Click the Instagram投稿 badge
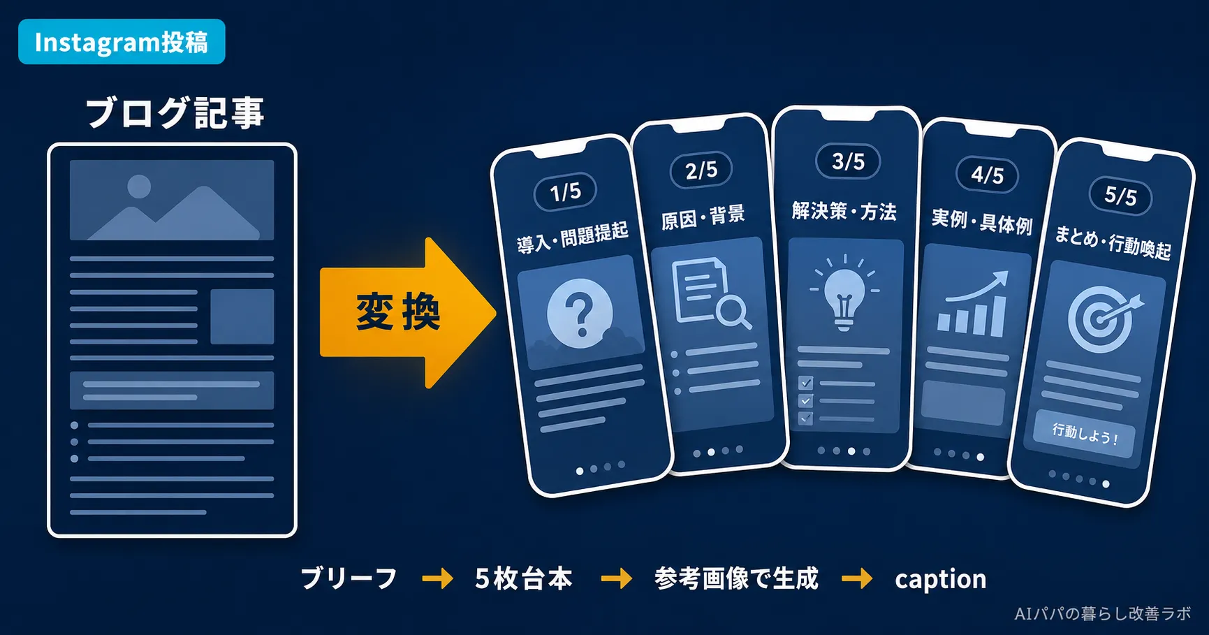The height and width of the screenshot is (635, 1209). (122, 42)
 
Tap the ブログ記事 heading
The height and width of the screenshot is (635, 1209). (175, 112)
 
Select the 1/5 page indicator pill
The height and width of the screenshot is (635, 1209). (565, 191)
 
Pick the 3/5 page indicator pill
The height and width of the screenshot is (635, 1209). (848, 161)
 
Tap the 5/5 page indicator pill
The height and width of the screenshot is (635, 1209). (1120, 196)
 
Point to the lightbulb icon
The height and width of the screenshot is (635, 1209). (844, 293)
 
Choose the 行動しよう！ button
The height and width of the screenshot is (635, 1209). (1085, 435)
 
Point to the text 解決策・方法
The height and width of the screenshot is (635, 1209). (844, 210)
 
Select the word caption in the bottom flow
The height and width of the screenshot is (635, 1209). (940, 579)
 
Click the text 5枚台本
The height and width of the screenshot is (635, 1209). (524, 578)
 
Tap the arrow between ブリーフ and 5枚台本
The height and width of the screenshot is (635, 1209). (438, 578)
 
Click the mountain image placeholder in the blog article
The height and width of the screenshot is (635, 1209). (172, 200)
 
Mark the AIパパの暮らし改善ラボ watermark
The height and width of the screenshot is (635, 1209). (1102, 613)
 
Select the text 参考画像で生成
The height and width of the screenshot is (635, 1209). (736, 578)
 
